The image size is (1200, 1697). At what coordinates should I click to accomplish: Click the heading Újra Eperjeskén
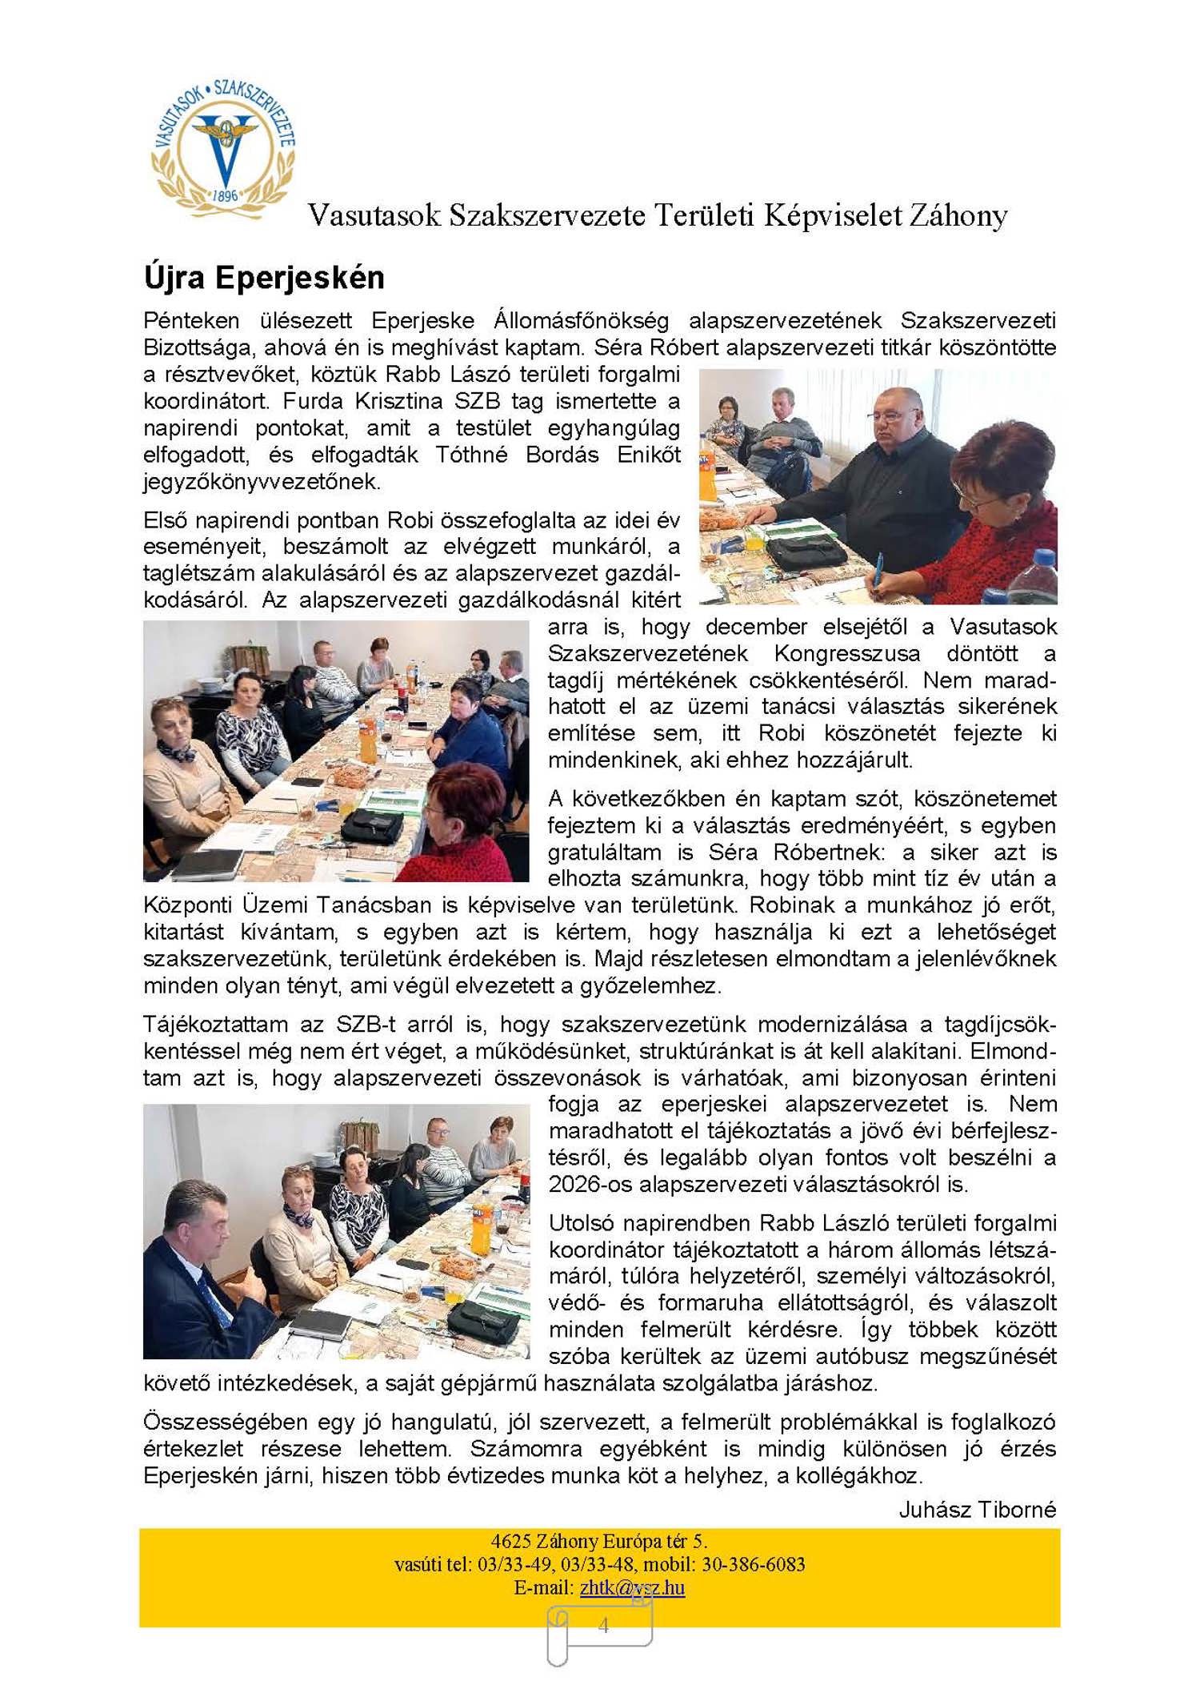[x=264, y=278]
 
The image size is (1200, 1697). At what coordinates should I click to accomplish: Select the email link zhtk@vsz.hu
[x=632, y=1587]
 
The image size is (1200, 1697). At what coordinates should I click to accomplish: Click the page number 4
[x=603, y=1625]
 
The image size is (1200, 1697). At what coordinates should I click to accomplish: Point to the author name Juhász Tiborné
[x=977, y=1510]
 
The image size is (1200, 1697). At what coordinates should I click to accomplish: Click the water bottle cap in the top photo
[x=1041, y=557]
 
